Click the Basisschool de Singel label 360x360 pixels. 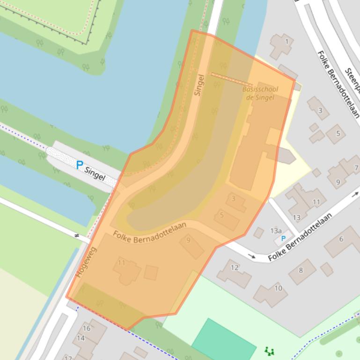click(x=260, y=94)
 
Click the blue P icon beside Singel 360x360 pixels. click(x=79, y=165)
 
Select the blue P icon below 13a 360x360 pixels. click(x=283, y=239)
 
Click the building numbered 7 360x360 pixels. click(x=356, y=168)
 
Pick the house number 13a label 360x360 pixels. click(x=276, y=230)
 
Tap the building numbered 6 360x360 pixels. click(x=341, y=239)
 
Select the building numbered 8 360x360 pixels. click(x=301, y=270)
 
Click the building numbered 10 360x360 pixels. click(x=278, y=288)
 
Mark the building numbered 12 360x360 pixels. click(x=234, y=268)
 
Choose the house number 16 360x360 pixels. click(x=87, y=328)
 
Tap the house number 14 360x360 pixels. click(x=81, y=338)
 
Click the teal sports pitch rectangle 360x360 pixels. click(x=224, y=340)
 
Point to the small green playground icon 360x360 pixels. click(x=269, y=351)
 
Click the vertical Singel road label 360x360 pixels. click(x=200, y=85)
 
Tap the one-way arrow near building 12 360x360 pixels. click(x=252, y=256)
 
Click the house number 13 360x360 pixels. click(x=296, y=217)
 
